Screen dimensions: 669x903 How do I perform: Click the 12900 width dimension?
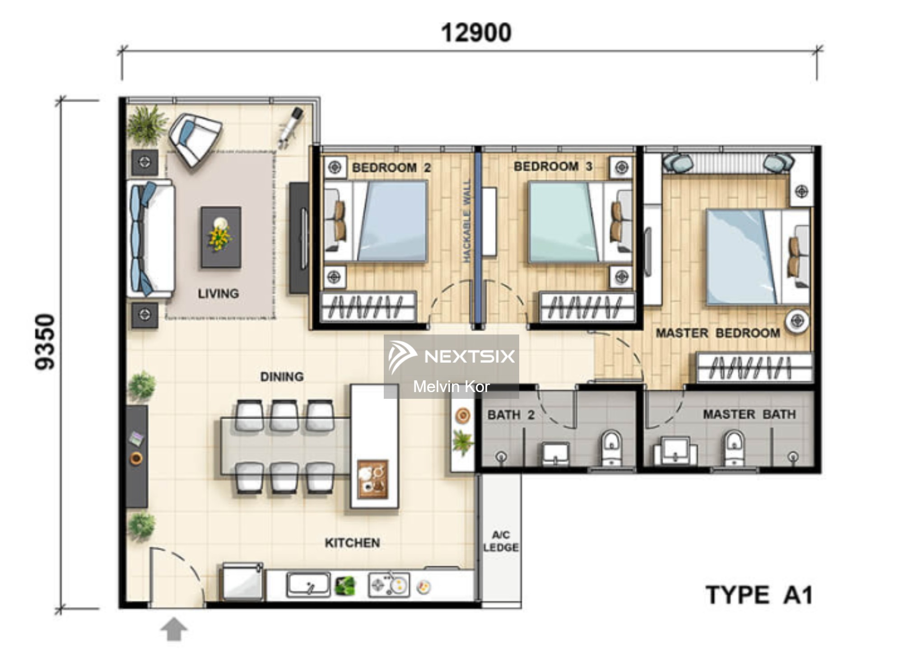[476, 33]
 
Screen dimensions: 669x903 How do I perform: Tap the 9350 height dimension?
[46, 342]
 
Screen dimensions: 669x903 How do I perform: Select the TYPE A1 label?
[759, 595]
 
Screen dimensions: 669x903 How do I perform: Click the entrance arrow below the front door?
[174, 629]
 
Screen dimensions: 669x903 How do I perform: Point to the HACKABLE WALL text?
[467, 221]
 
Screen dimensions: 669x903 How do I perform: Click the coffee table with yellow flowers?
[221, 237]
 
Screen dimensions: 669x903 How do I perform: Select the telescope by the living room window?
[291, 126]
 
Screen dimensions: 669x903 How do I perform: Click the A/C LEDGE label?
[501, 541]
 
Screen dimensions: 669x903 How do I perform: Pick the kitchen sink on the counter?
[308, 585]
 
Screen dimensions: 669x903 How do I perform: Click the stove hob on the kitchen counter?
[389, 585]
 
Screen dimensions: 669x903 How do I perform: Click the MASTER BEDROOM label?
[717, 333]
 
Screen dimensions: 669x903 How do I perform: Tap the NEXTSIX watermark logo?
[451, 356]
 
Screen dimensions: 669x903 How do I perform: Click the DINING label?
[282, 377]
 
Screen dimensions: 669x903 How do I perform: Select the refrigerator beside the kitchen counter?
[242, 582]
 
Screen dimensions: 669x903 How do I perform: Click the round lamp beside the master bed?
[797, 321]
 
